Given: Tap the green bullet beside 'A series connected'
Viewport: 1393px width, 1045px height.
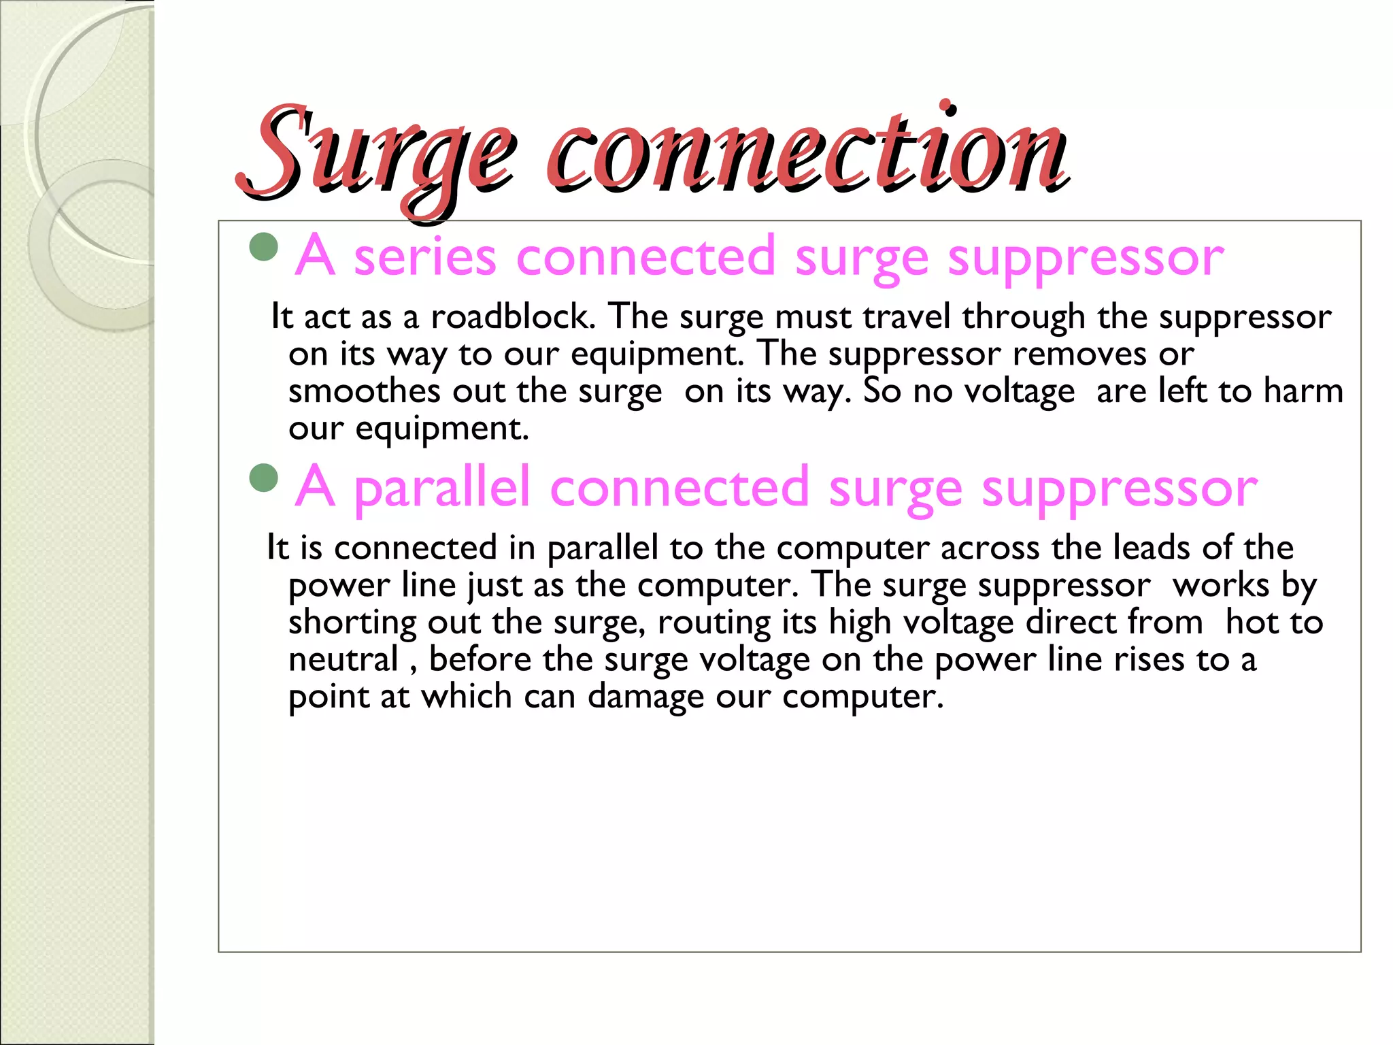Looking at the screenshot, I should [x=264, y=248].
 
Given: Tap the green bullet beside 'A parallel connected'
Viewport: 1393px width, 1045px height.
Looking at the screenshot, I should [x=264, y=478].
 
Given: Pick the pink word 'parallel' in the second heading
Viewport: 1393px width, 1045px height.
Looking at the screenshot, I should [x=442, y=488].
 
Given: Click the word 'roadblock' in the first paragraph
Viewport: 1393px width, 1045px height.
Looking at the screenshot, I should [x=513, y=316].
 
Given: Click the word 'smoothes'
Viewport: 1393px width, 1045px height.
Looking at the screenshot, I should [x=365, y=391].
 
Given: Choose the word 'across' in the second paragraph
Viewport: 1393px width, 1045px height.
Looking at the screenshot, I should [x=990, y=548].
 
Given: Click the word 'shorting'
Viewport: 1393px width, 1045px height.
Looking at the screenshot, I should [x=352, y=623].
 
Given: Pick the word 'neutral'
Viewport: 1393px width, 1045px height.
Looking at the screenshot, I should [x=343, y=659].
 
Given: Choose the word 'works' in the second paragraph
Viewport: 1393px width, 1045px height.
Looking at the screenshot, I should [x=1221, y=585].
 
